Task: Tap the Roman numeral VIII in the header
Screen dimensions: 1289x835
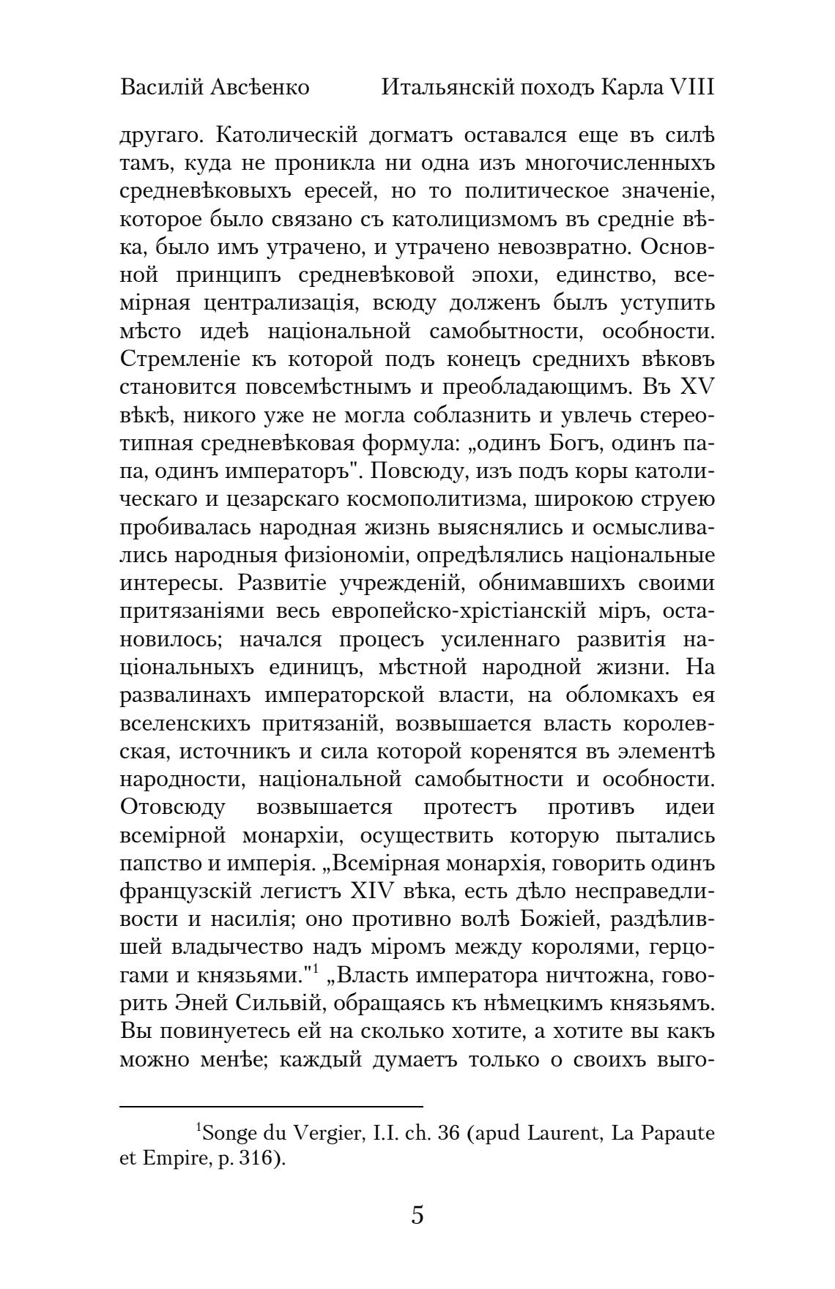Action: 690,87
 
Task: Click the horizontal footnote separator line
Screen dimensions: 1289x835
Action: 271,1107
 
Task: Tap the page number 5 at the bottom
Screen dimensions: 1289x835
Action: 417,1216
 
